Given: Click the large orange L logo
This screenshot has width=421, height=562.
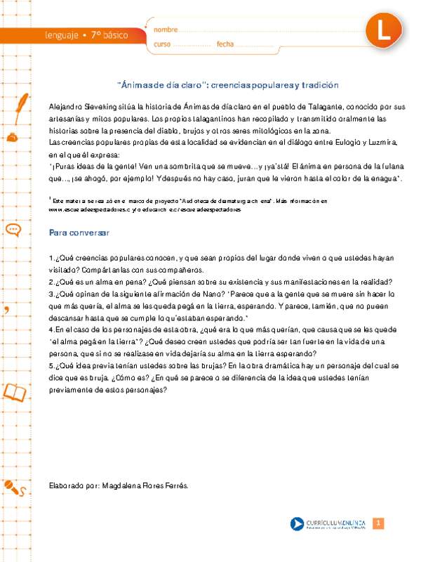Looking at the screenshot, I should tap(385, 31).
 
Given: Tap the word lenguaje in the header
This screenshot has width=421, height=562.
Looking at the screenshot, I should tap(62, 34).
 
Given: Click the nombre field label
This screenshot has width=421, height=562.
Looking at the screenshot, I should tap(166, 30).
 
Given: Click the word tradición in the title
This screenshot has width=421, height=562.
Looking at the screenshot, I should tap(319, 84).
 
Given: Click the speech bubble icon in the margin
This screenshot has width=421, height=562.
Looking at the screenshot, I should tap(13, 230).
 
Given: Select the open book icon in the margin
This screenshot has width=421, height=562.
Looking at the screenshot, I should tap(15, 391).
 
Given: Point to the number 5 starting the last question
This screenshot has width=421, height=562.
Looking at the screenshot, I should tap(51, 366).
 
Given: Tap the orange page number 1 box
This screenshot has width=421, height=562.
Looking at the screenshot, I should tap(377, 524).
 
